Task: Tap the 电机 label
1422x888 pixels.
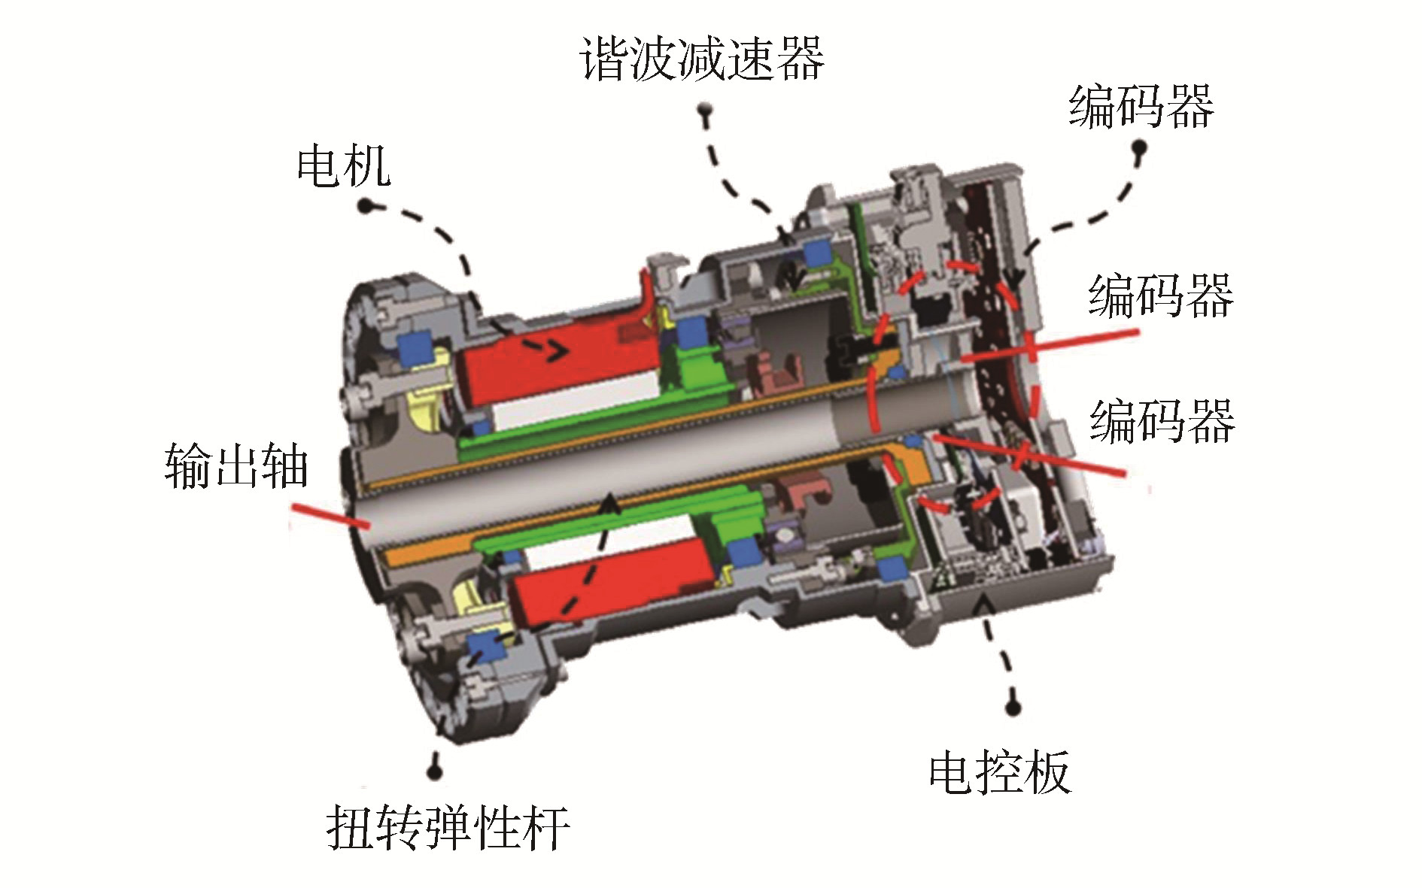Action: [344, 166]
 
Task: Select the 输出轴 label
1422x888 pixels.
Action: [236, 466]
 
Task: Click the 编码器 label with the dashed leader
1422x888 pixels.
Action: [1141, 106]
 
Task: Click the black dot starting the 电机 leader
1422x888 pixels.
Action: [366, 205]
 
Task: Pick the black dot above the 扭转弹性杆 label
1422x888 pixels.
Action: [435, 769]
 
